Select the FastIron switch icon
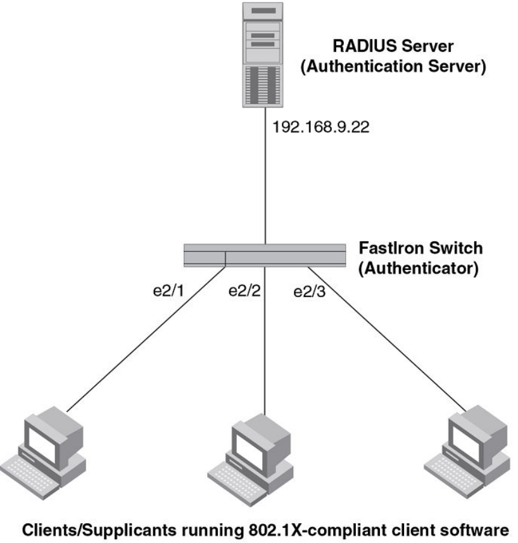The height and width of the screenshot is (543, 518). coord(265,255)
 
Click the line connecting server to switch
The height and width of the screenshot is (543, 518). coord(265,190)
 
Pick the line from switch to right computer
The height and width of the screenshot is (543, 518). coord(380,336)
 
